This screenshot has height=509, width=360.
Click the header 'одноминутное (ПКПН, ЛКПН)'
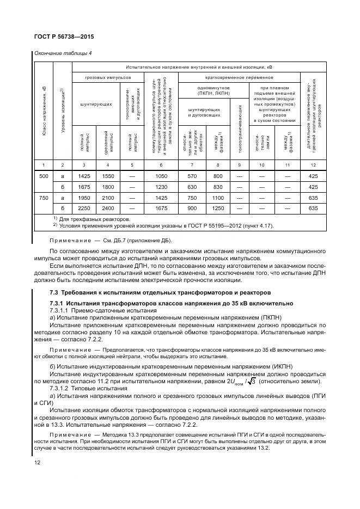click(x=207, y=90)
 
